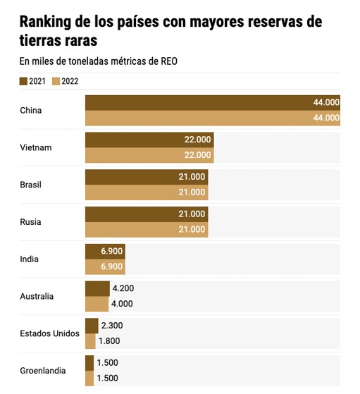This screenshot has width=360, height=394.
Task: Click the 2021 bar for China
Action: [213, 102]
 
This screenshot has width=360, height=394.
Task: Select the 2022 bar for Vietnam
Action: [149, 155]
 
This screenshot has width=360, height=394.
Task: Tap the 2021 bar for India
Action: [105, 252]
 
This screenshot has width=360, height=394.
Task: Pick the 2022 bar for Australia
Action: [97, 304]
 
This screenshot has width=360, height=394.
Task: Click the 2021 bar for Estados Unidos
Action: [92, 326]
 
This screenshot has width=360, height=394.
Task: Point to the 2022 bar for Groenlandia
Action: [89, 378]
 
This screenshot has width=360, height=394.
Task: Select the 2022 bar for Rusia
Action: [147, 229]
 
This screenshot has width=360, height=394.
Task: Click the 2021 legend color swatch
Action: [23, 82]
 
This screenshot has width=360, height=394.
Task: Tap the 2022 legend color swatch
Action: [56, 82]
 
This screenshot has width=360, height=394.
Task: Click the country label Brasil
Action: [31, 185]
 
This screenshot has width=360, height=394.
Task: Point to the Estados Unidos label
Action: [50, 333]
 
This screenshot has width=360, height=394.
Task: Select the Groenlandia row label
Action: [43, 371]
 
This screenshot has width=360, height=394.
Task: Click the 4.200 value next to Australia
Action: [123, 288]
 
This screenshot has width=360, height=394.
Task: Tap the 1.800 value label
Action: [109, 341]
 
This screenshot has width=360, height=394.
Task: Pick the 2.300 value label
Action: [112, 326]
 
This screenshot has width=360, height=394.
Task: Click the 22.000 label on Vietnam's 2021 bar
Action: [198, 140]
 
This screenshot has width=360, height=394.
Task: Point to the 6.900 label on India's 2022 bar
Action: [112, 266]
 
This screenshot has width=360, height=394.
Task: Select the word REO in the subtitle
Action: [169, 61]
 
